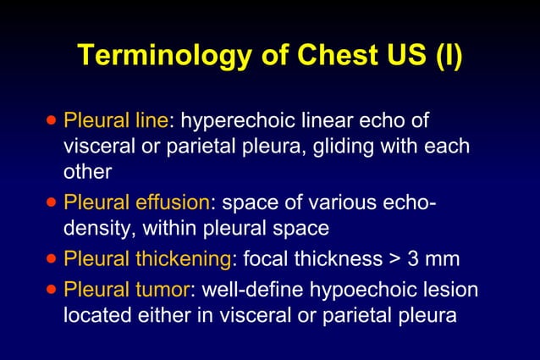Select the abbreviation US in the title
click(x=394, y=55)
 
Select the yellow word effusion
click(x=170, y=202)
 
